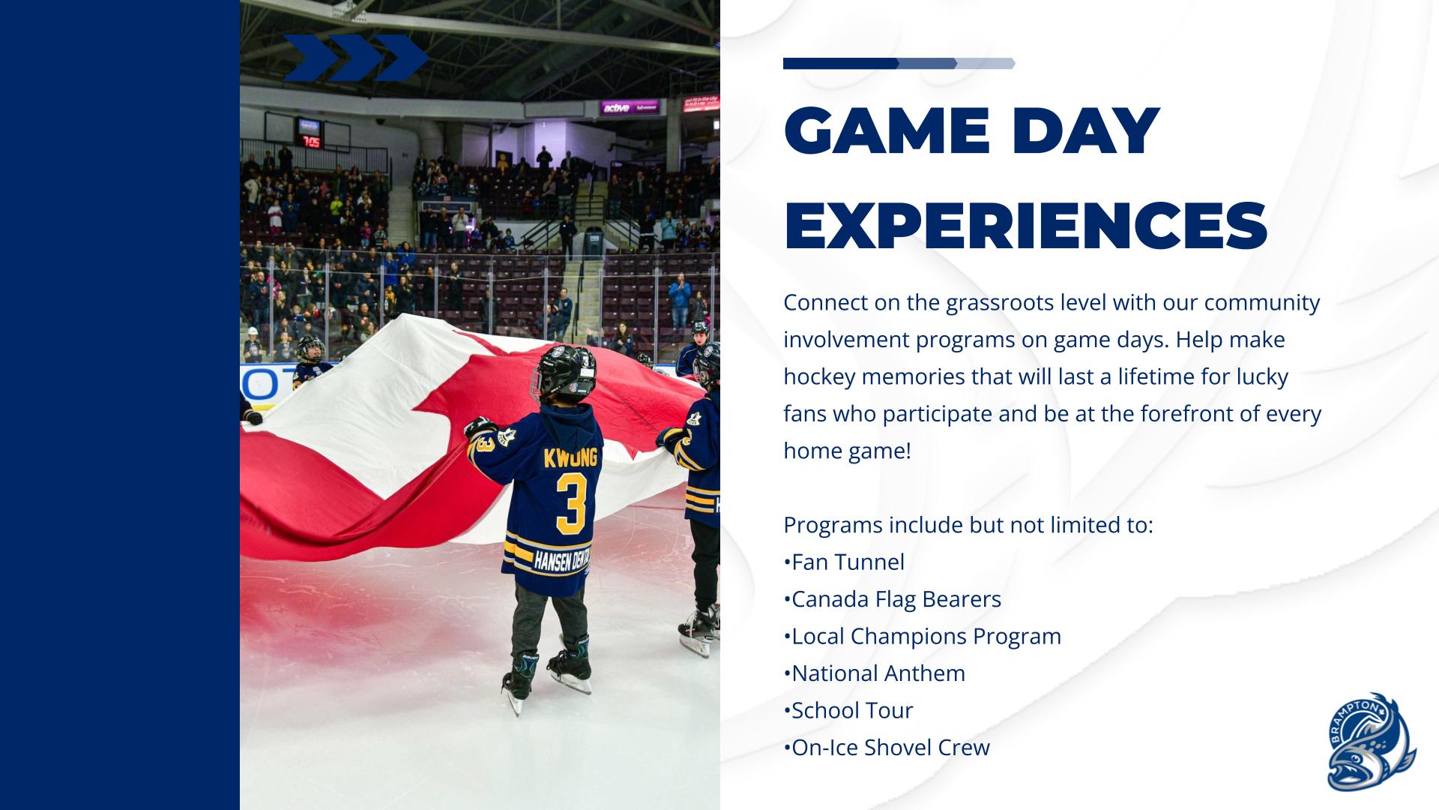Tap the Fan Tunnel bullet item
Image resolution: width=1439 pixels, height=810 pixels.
pyautogui.click(x=844, y=562)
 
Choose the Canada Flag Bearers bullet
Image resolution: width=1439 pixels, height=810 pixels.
pyautogui.click(x=893, y=599)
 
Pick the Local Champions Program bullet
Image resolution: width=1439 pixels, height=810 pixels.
pyautogui.click(x=923, y=636)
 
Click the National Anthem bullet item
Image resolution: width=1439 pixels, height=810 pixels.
pyautogui.click(x=875, y=673)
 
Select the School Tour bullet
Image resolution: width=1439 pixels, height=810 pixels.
pyautogui.click(x=848, y=710)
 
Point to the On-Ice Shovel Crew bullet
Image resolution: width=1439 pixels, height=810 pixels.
pyautogui.click(x=887, y=748)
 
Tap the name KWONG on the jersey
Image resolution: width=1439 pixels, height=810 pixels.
pyautogui.click(x=571, y=457)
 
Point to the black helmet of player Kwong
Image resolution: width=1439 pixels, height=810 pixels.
pyautogui.click(x=564, y=372)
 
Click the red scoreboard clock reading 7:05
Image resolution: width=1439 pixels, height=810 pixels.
pyautogui.click(x=310, y=141)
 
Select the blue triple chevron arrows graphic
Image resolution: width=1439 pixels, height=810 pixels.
pyautogui.click(x=355, y=58)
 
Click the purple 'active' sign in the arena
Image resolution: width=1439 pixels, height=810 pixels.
pyautogui.click(x=630, y=107)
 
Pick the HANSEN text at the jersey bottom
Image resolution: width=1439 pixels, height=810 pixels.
pyautogui.click(x=552, y=560)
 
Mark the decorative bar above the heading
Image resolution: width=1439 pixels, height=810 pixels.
pyautogui.click(x=899, y=64)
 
